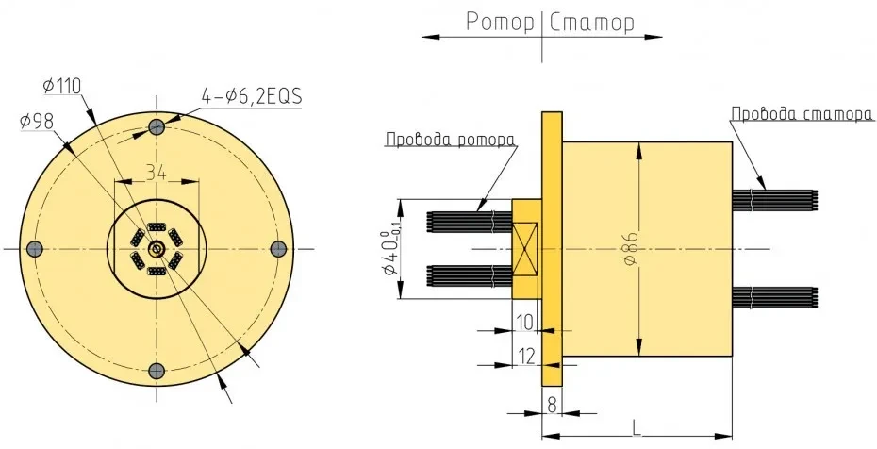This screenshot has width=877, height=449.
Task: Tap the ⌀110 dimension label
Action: pyautogui.click(x=63, y=86)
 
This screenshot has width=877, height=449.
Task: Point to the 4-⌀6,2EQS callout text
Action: pyautogui.click(x=250, y=96)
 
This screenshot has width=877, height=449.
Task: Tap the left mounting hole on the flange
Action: pyautogui.click(x=35, y=248)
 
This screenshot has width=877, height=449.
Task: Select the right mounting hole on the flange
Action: pyautogui.click(x=278, y=248)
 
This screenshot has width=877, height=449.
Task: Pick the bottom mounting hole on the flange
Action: pyautogui.click(x=157, y=369)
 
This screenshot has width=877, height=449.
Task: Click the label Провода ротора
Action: pyautogui.click(x=450, y=140)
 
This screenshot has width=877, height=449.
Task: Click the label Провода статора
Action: pyautogui.click(x=801, y=114)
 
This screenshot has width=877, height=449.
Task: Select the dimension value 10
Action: pyautogui.click(x=525, y=323)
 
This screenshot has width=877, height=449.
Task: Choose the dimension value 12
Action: pyautogui.click(x=525, y=355)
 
